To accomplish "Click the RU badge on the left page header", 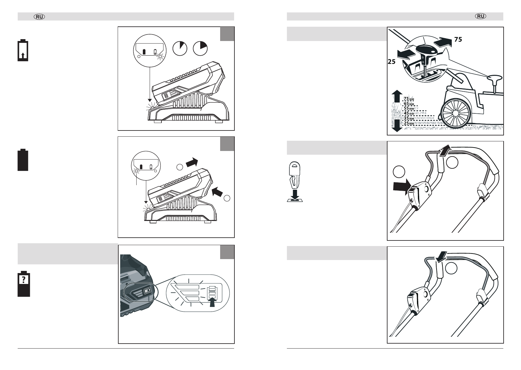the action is point(39,17).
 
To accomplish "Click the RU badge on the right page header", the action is point(481,16).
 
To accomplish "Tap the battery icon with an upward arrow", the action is point(23,50).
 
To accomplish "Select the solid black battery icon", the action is point(23,160).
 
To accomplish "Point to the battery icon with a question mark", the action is point(24,284).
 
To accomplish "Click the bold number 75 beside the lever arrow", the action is point(458,39).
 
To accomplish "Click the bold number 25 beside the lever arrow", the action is point(392,62).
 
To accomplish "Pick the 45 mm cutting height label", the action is point(409,113).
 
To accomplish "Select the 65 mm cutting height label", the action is point(409,104).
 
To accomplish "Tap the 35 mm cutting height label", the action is point(409,118).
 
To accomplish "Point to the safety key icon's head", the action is point(294,168).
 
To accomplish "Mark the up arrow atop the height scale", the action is point(397,96).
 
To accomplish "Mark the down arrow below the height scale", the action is point(397,126).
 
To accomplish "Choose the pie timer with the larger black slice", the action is point(200,48).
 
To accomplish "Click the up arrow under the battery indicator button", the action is point(212,303).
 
